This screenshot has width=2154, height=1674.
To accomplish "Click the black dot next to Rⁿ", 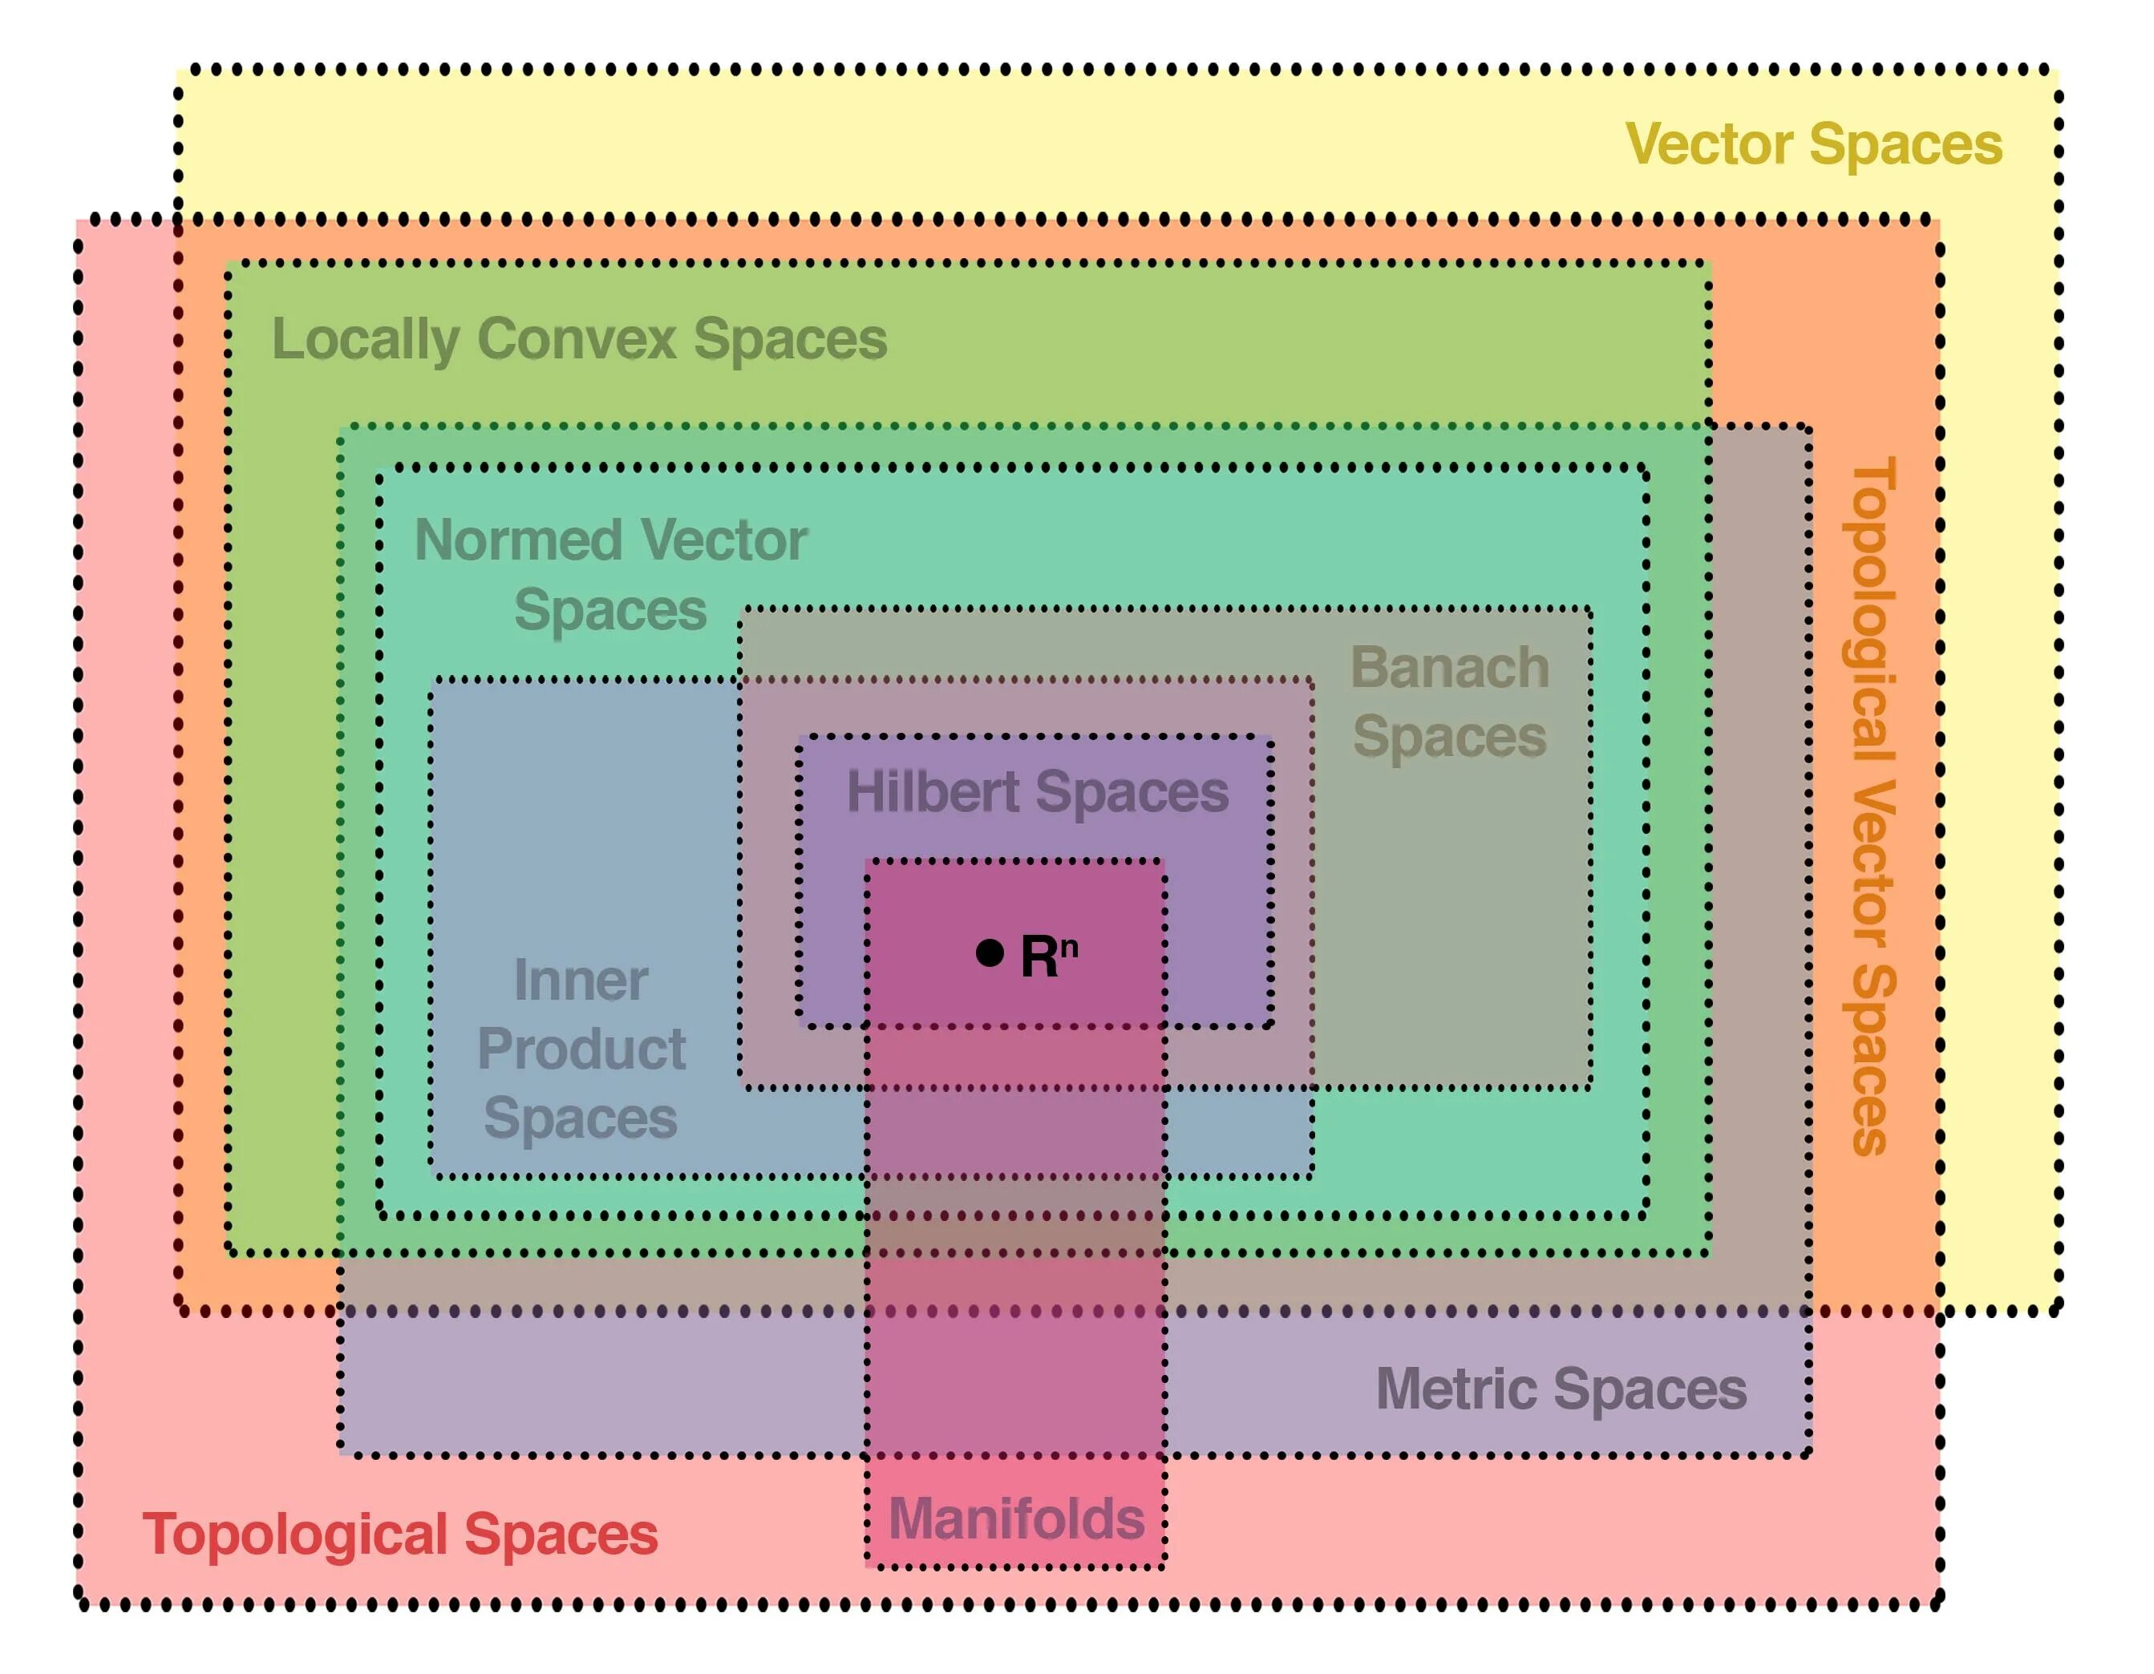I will click(x=990, y=952).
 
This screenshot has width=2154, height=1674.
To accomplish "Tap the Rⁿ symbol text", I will click(x=1047, y=956).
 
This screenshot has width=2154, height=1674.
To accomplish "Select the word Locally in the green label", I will click(x=366, y=340).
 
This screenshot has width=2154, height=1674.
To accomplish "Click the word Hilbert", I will click(x=932, y=791).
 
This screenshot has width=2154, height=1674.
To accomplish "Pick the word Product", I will click(x=581, y=1048).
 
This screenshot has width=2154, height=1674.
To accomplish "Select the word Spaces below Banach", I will click(x=1449, y=738).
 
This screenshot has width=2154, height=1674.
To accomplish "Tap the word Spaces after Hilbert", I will click(x=1132, y=791).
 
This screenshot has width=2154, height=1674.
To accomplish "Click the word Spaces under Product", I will click(x=581, y=1118).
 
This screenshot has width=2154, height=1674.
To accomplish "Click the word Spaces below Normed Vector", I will click(x=610, y=609).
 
